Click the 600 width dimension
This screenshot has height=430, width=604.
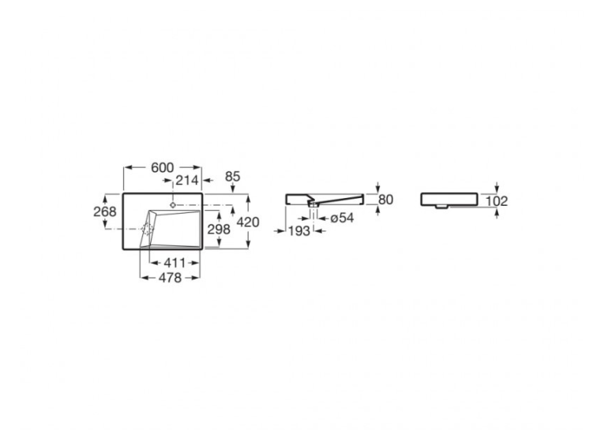(163, 167)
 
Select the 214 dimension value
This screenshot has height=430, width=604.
(187, 180)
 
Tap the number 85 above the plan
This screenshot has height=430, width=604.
(233, 176)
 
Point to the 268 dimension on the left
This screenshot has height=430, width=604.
(105, 211)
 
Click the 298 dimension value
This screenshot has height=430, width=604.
(219, 230)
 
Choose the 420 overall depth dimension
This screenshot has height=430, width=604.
(248, 222)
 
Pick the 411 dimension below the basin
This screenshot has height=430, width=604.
(174, 263)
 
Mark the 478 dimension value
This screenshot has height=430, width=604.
(170, 278)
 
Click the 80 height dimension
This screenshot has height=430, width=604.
(385, 200)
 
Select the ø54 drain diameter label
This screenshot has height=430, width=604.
(342, 218)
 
